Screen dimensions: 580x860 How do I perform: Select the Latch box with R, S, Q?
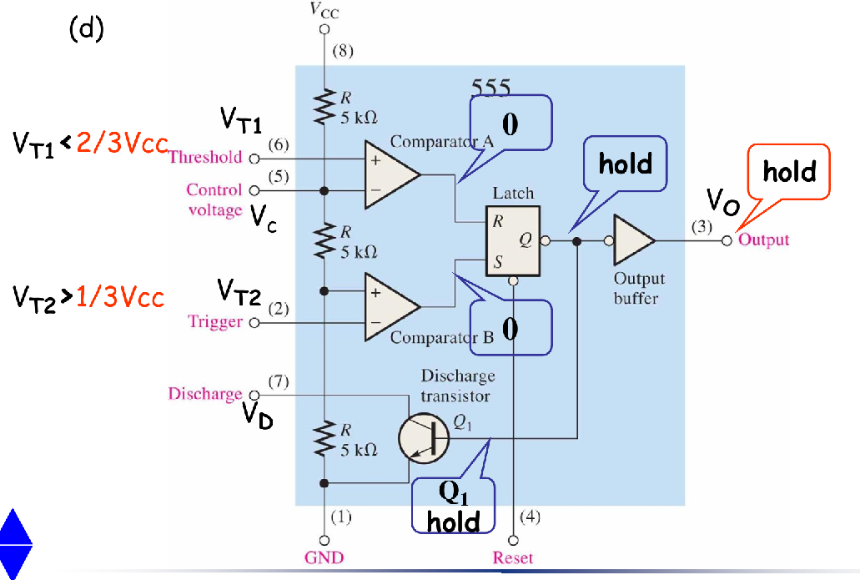(x=511, y=237)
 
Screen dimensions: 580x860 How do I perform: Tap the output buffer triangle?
(x=634, y=240)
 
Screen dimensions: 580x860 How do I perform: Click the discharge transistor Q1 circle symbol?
(x=422, y=436)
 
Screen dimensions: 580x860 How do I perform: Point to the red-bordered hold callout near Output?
(x=788, y=172)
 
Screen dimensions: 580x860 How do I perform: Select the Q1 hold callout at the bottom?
(x=454, y=507)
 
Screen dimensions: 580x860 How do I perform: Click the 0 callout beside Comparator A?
(x=510, y=124)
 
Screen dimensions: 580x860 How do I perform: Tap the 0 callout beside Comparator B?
(x=510, y=329)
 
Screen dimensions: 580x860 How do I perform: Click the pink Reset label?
(x=513, y=557)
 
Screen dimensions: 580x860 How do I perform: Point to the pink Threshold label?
(x=205, y=156)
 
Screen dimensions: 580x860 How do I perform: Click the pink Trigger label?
(x=215, y=321)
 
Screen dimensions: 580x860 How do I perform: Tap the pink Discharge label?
(x=204, y=393)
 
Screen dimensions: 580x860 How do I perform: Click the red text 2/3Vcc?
(x=122, y=144)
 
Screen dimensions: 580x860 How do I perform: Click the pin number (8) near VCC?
(x=343, y=50)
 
